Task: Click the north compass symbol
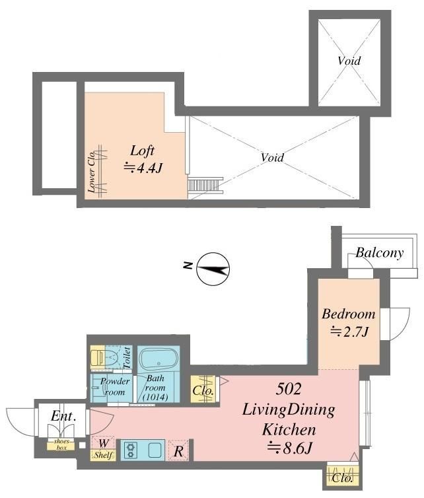(213, 269)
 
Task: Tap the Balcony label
(380, 253)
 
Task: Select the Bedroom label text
(349, 314)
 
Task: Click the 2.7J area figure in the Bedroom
(349, 332)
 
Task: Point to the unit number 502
(288, 388)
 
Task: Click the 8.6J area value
(289, 448)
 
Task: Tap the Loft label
(142, 151)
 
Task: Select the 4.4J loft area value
(143, 168)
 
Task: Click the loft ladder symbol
(205, 185)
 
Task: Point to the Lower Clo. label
(92, 171)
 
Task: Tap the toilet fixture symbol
(104, 357)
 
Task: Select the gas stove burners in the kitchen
(130, 450)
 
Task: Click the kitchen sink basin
(155, 450)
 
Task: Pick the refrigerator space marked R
(178, 450)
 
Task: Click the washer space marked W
(104, 443)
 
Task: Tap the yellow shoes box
(61, 445)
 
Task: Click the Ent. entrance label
(63, 416)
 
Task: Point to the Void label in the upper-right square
(349, 61)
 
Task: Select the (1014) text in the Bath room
(155, 397)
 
